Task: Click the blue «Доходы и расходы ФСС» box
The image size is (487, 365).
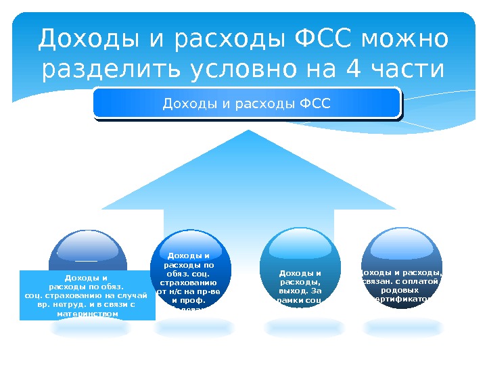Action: tap(247, 104)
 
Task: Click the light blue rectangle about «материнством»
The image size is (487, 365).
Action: tap(87, 295)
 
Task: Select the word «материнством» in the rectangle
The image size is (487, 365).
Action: tap(87, 314)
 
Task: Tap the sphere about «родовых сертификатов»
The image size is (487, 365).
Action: tap(402, 270)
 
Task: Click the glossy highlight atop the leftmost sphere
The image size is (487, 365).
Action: tap(87, 247)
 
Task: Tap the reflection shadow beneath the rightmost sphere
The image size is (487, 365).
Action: tap(402, 328)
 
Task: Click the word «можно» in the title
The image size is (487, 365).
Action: tap(406, 40)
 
